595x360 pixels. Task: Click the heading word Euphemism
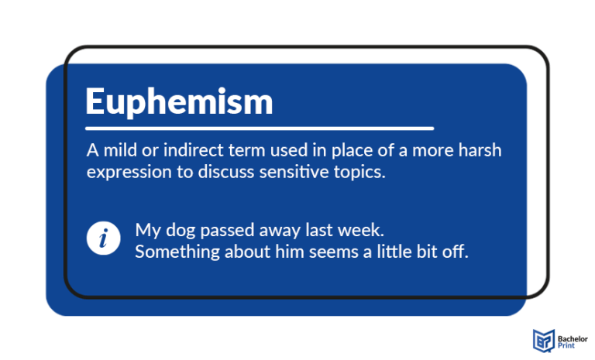pyautogui.click(x=179, y=102)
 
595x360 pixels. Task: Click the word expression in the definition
pyautogui.click(x=122, y=172)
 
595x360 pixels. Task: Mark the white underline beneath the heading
pyautogui.click(x=260, y=128)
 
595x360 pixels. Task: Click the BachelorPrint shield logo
pyautogui.click(x=543, y=340)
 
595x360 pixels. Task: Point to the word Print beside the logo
pyautogui.click(x=566, y=345)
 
